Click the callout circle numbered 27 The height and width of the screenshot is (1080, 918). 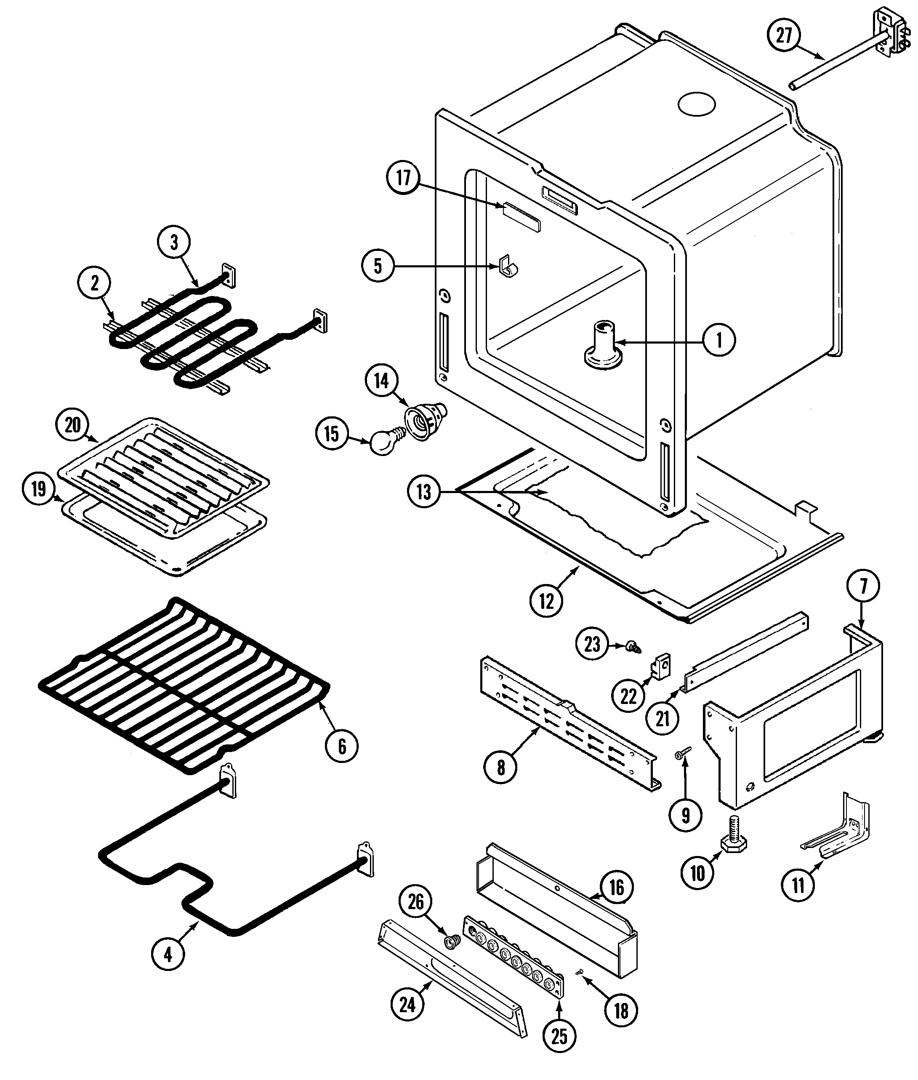[x=784, y=36]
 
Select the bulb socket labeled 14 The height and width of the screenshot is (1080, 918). [x=423, y=420]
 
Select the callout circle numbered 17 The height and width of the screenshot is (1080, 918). [x=404, y=178]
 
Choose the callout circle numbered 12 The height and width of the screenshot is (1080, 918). [x=546, y=601]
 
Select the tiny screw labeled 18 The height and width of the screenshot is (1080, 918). [x=579, y=971]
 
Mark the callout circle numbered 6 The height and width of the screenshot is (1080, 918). [x=342, y=747]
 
